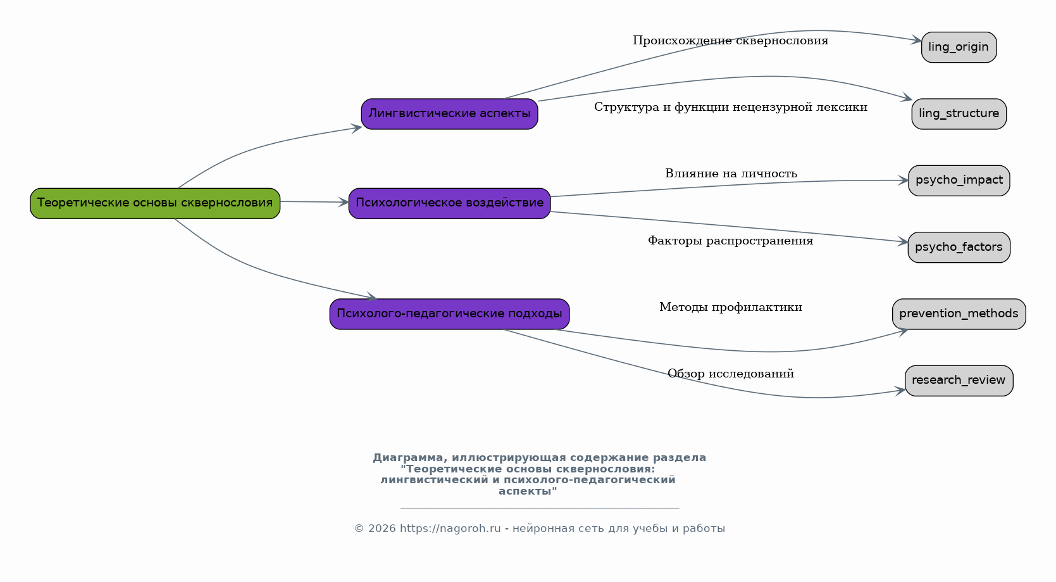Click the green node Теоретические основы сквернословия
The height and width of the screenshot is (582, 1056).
point(155,203)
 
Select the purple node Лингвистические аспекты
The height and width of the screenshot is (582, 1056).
point(449,114)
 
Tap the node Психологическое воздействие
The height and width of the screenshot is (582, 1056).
point(449,203)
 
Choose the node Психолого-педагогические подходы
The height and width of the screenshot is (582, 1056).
point(449,314)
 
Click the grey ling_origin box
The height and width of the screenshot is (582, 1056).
point(959,47)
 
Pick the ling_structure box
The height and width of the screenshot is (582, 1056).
point(959,114)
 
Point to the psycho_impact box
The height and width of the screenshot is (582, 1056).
point(959,180)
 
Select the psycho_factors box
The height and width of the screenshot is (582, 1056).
point(959,247)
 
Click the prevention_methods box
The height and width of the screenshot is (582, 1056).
point(959,314)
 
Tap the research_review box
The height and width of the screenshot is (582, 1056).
point(959,381)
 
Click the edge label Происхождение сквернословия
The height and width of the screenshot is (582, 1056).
point(730,41)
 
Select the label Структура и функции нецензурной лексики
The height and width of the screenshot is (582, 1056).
point(730,108)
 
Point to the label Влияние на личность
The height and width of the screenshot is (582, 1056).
point(731,174)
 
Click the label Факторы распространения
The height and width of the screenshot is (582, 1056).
point(730,241)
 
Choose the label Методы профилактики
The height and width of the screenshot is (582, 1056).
point(731,308)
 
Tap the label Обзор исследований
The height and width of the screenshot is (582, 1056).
point(731,374)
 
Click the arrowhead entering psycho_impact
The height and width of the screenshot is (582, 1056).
point(904,180)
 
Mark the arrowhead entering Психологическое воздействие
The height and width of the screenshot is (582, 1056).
point(344,203)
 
